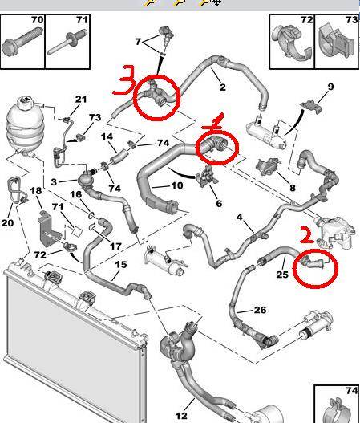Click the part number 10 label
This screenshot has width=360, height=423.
coord(176,185)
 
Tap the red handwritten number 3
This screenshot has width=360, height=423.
coord(124,80)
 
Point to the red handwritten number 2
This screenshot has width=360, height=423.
coord(306,234)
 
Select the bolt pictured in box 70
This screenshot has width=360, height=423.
coord(22,41)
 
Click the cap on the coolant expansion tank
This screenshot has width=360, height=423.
coord(26,102)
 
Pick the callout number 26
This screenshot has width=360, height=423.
coord(260,310)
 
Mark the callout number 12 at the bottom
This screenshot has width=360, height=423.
coord(181,416)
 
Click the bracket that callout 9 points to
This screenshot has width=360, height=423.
coord(310,106)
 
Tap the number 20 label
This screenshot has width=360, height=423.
coord(7,223)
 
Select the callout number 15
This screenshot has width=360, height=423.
coord(121,264)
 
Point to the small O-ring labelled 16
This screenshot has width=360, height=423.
coord(91,215)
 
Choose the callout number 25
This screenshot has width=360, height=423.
coord(282,275)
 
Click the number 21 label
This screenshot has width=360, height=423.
coord(81,100)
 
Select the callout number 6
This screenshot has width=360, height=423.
coord(219,203)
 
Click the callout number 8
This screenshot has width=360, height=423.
coord(293,188)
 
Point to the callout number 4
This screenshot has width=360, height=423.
coord(240,217)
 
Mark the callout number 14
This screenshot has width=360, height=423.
coord(107,136)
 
